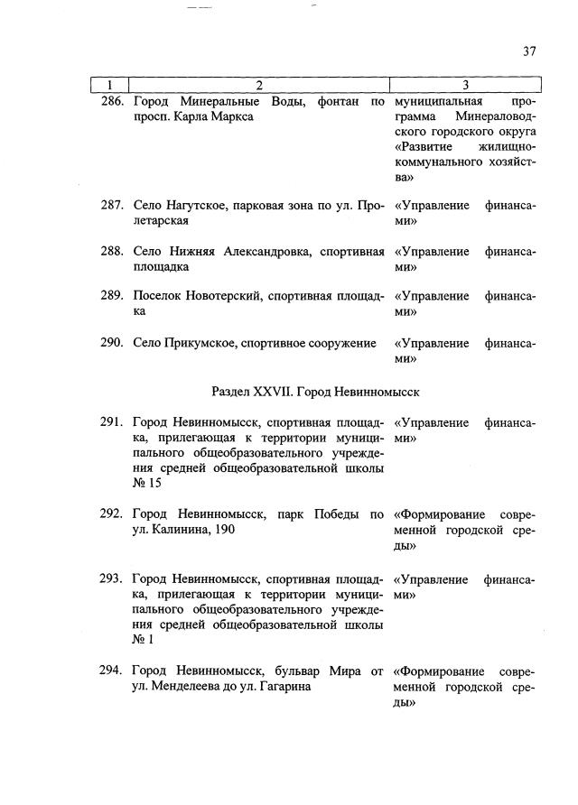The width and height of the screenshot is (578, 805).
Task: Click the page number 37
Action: tap(529, 51)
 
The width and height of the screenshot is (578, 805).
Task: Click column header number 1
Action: tap(108, 86)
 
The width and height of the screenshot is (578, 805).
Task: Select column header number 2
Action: tap(259, 86)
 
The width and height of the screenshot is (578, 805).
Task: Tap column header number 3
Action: tap(464, 86)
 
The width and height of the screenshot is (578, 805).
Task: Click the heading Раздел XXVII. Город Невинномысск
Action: tap(315, 392)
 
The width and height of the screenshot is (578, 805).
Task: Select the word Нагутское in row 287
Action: tap(195, 205)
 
